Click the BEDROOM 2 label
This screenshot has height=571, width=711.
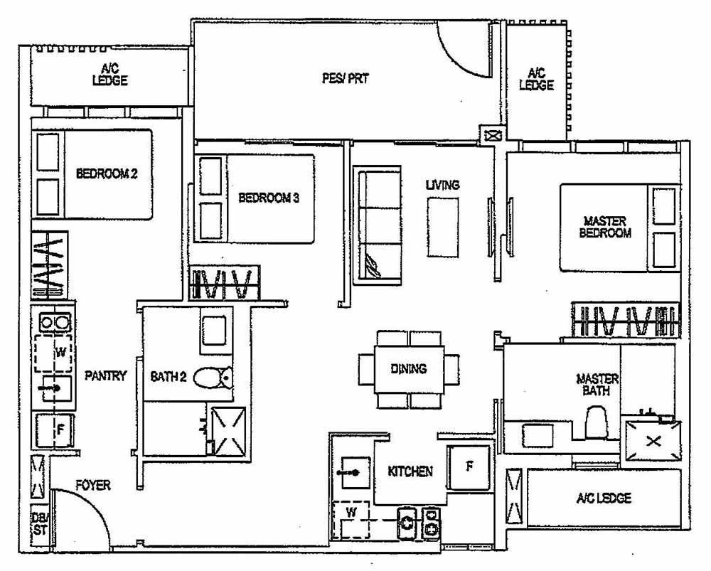pos(107,173)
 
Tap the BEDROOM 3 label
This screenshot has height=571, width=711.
pos(268,198)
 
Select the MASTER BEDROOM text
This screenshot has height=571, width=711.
pos(605,227)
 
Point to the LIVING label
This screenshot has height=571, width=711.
pos(442,185)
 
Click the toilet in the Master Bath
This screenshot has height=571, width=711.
pos(594,423)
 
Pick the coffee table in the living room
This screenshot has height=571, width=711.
pos(442,225)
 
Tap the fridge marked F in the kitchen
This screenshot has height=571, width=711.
pos(469,467)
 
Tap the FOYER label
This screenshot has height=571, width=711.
pos(93,485)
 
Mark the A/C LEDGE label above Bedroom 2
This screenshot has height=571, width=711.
pos(109,75)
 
